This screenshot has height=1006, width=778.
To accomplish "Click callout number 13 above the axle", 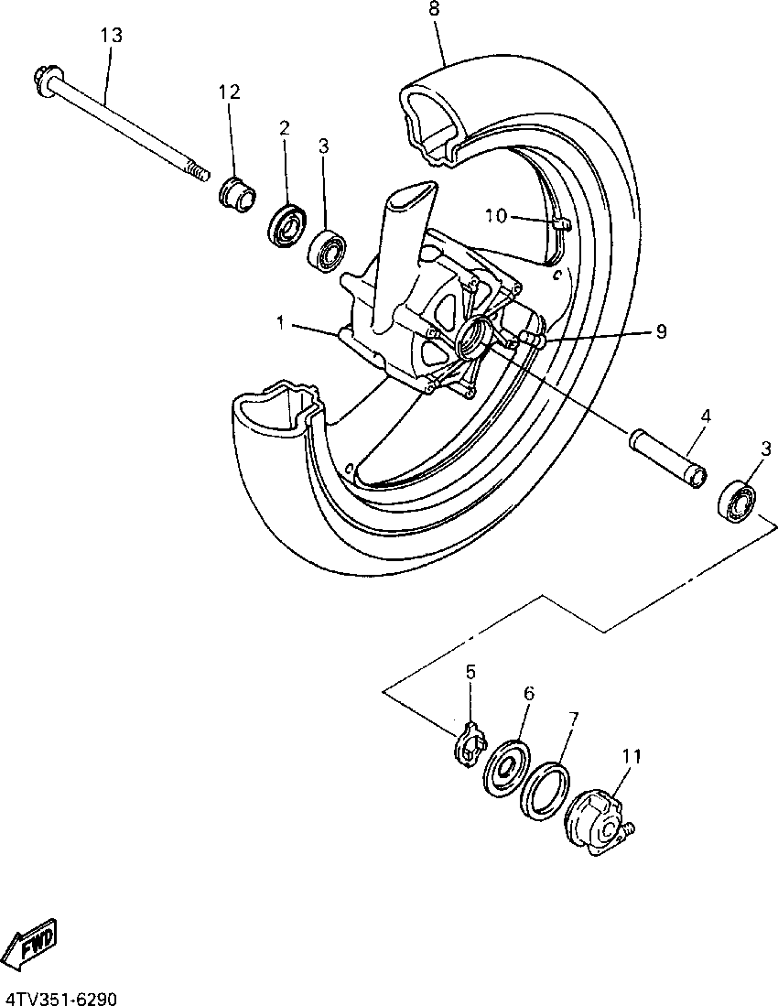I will pos(111,36).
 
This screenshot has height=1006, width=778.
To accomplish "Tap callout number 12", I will pos(229,92).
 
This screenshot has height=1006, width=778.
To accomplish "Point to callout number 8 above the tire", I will pos(434,9).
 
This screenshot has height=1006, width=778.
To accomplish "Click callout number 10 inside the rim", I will pos(495,216).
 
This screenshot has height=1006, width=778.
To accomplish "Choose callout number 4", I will pos(705,416).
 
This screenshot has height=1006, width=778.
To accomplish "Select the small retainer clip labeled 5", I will pos(469,741).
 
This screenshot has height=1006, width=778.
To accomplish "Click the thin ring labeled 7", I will pos(546,789).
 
